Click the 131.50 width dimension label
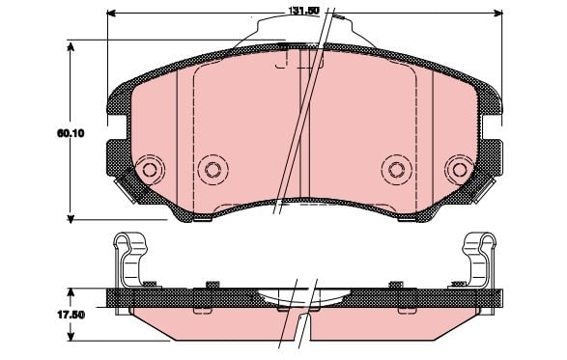tap(303, 11)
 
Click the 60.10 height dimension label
tap(71, 133)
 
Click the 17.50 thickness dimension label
tap(71, 315)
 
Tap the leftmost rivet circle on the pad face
tap(150, 169)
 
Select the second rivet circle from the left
tap(213, 170)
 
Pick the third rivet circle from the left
tap(397, 170)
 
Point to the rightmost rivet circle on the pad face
tap(460, 170)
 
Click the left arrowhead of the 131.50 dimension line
tap(111, 14)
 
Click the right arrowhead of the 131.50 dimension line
tap(498, 14)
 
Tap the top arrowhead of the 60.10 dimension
tap(71, 47)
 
